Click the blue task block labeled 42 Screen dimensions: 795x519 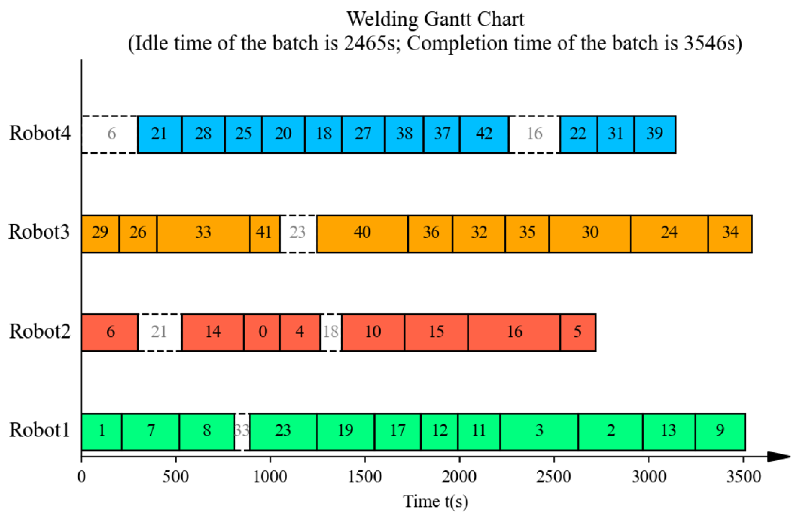(484, 134)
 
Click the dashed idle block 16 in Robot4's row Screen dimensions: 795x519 (535, 134)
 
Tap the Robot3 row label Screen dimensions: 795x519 (39, 232)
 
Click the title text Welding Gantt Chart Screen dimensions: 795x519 (436, 19)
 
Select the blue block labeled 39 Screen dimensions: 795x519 (655, 134)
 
